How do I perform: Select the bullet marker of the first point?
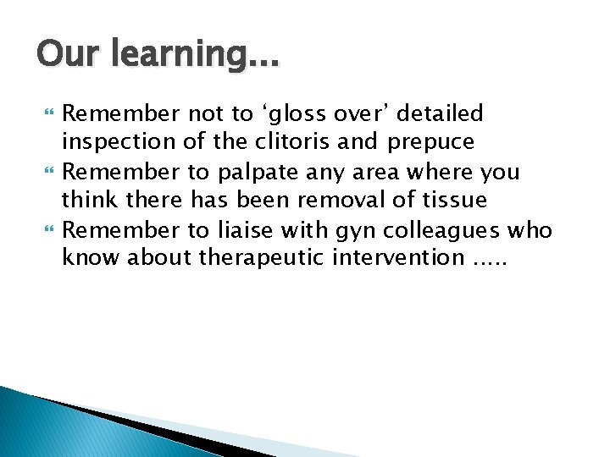[x=47, y=113]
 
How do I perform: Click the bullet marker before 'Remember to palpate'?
[x=47, y=172]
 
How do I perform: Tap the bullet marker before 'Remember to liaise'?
[x=47, y=230]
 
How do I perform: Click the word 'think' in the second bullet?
[x=89, y=201]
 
